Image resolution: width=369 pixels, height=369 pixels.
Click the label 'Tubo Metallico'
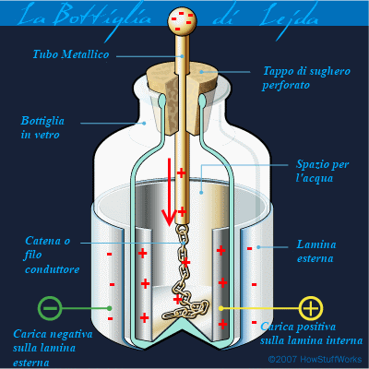tap(71, 54)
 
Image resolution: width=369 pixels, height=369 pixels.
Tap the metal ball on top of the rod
tap(182, 20)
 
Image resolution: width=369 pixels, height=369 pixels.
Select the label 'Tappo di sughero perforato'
tap(306, 77)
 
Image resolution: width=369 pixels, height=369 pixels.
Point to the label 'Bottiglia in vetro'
tap(42, 127)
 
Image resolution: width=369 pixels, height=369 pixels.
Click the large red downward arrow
tap(169, 192)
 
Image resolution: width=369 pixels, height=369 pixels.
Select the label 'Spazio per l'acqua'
tap(322, 171)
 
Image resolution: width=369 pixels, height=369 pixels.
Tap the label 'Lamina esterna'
tap(315, 251)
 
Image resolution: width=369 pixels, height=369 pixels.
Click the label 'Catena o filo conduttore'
tap(52, 255)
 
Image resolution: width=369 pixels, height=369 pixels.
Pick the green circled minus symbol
tap(50, 308)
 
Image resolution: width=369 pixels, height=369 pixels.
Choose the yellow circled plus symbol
tap(311, 308)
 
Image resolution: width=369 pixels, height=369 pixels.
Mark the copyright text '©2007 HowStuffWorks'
tap(315, 359)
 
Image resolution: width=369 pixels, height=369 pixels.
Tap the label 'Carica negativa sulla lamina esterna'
tap(53, 348)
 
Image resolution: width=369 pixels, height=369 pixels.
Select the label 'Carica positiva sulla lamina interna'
tap(311, 334)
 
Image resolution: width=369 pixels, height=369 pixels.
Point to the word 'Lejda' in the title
tap(289, 18)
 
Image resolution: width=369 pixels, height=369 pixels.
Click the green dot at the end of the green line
tap(109, 308)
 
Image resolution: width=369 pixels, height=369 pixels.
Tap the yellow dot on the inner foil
tap(220, 308)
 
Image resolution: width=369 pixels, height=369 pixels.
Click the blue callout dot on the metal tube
tap(183, 56)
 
